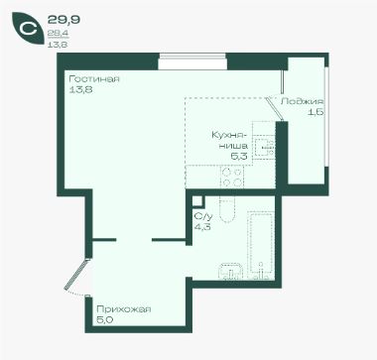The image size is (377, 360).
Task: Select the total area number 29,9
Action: tap(63, 20)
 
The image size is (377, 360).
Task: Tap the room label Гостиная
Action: tap(94, 79)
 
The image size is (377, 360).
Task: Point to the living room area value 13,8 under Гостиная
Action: tap(80, 89)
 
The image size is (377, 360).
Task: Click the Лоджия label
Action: tap(302, 101)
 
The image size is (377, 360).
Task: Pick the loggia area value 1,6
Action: tap(315, 112)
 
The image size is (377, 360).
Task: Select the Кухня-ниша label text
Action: tap(229, 141)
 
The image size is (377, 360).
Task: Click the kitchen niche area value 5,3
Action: tap(239, 157)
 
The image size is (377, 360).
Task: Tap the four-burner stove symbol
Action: tap(232, 177)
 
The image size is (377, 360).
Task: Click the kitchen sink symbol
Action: tap(265, 147)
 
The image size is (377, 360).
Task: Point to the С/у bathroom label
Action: tap(203, 216)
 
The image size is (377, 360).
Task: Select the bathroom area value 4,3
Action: tap(202, 227)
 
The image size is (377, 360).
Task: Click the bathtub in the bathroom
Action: tap(261, 246)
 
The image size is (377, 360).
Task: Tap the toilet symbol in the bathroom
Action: tap(227, 210)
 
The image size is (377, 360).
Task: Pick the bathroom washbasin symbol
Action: tap(231, 271)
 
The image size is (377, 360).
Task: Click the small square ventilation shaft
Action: tap(198, 201)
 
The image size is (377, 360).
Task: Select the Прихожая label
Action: tap(124, 309)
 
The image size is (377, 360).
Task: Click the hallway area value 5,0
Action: tap(103, 319)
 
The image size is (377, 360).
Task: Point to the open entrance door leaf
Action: tap(76, 275)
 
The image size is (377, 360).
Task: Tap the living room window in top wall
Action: tap(192, 61)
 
